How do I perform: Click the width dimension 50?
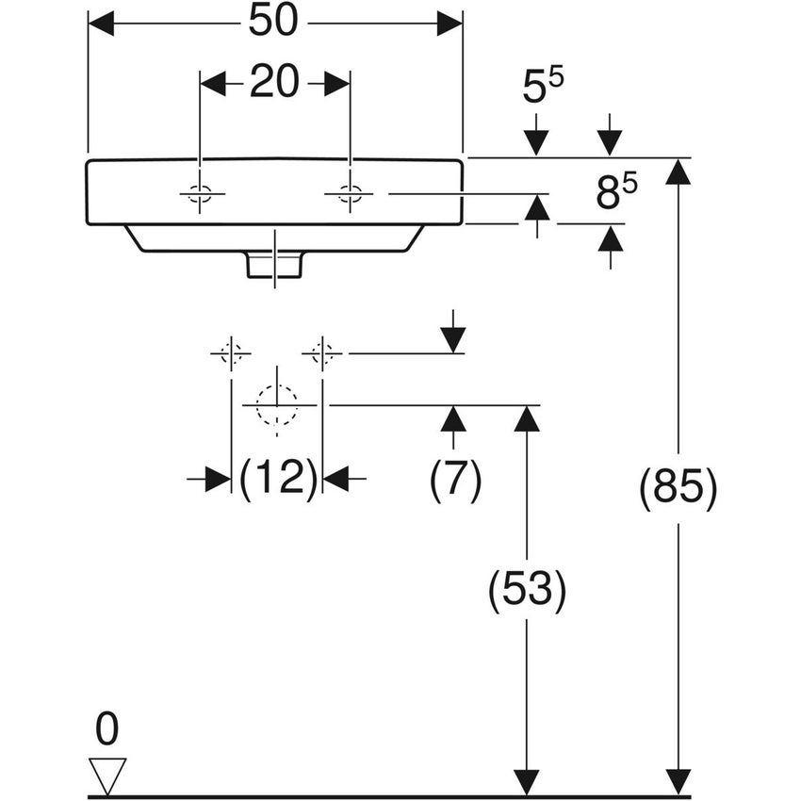(273, 23)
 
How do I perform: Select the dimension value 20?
(274, 84)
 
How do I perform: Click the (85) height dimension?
(678, 490)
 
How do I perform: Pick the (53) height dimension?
(527, 592)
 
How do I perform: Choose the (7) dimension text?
(455, 481)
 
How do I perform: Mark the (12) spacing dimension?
(277, 480)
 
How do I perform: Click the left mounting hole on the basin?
(201, 195)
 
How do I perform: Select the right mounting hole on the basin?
(349, 195)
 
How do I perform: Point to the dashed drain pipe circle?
(276, 404)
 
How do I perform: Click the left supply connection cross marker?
(231, 353)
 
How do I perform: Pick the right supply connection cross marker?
(322, 353)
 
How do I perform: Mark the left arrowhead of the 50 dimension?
(101, 24)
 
